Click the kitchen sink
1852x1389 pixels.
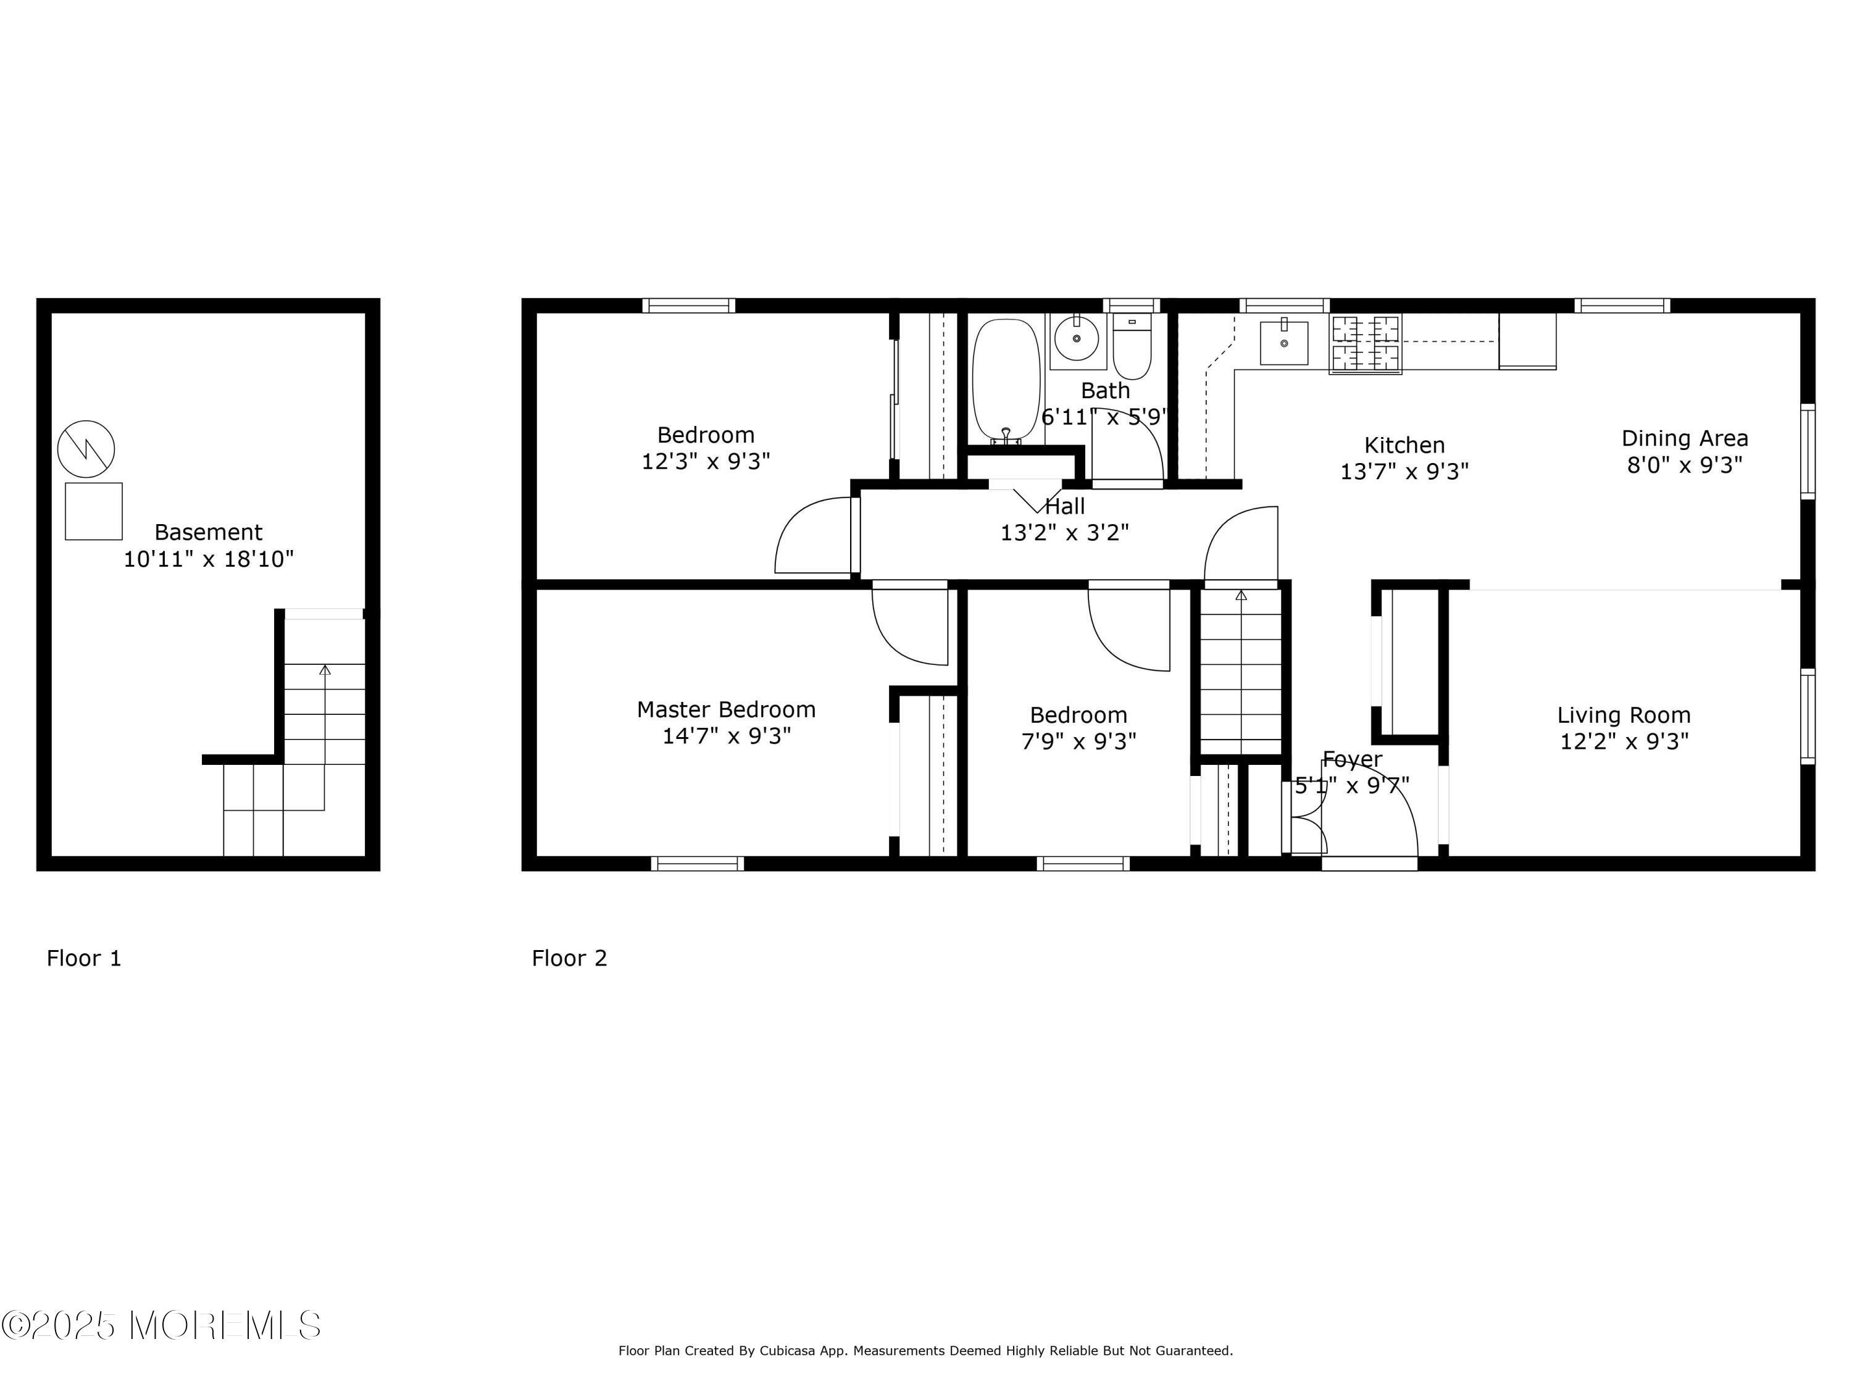(1283, 343)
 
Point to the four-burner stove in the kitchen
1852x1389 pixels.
(1366, 344)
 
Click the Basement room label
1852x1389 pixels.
(209, 533)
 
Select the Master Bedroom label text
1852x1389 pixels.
(726, 710)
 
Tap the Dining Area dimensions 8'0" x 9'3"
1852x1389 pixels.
(1685, 465)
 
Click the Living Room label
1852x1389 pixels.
(1624, 716)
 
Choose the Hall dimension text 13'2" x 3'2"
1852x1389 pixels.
(1064, 533)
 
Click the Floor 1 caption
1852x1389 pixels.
(84, 959)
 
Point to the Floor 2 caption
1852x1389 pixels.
(569, 959)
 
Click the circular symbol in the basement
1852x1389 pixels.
(86, 449)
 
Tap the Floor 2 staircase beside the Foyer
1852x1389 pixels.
(1241, 674)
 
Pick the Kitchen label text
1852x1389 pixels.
(1404, 446)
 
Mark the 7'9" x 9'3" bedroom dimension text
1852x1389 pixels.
(1078, 743)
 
